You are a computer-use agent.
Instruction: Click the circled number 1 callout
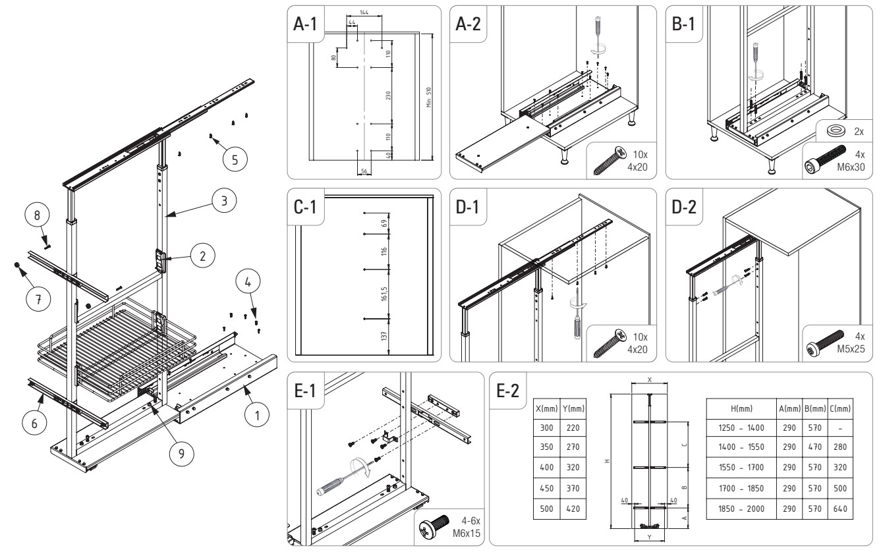click(x=257, y=416)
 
